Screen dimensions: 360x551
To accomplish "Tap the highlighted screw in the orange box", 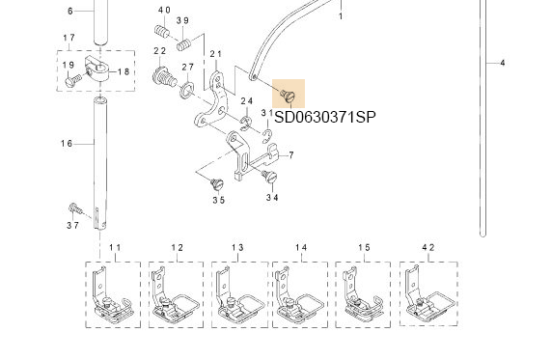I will click(288, 94).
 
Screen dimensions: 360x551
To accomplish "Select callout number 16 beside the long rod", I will click(67, 144).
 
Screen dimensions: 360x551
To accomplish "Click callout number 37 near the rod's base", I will click(73, 226).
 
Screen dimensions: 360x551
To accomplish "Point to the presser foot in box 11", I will click(111, 293).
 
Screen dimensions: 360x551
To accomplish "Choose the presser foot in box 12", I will click(175, 293).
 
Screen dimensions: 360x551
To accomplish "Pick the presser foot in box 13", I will click(237, 293).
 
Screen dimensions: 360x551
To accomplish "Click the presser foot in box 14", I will click(299, 293).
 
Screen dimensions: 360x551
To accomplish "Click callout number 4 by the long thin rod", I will click(503, 63).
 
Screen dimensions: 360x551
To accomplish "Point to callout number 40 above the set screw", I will click(164, 10).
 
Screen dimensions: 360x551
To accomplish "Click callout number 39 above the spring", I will click(183, 20).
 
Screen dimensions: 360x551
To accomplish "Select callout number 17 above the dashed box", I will click(69, 38).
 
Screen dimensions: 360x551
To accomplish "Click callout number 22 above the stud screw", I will click(159, 50).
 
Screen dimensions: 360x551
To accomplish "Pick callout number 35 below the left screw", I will click(219, 200).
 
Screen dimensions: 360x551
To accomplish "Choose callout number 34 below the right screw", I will click(273, 197).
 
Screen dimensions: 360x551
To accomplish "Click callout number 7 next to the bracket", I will click(290, 155).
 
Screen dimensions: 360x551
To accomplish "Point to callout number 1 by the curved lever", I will click(340, 16).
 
